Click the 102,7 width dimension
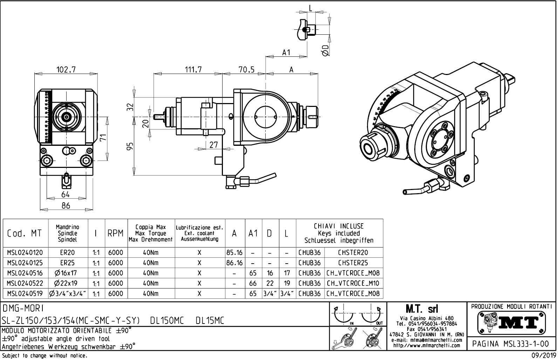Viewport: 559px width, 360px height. [x=66, y=69]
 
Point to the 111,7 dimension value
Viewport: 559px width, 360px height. [x=193, y=69]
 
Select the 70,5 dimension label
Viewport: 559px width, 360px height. [x=246, y=69]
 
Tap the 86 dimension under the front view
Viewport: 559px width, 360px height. [x=66, y=206]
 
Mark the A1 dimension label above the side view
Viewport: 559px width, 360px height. [x=286, y=52]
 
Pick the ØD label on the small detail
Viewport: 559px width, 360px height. [x=325, y=50]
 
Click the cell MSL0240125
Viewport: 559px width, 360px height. [x=25, y=263]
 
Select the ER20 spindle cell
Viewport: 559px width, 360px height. [x=67, y=252]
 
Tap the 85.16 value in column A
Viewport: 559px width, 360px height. [x=234, y=252]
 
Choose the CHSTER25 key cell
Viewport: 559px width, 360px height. [x=353, y=263]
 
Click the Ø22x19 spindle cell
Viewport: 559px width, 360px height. [x=67, y=283]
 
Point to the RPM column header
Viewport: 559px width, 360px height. [x=115, y=233]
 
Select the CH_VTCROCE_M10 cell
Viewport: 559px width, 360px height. [x=353, y=283]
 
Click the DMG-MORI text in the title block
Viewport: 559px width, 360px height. [x=22, y=308]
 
